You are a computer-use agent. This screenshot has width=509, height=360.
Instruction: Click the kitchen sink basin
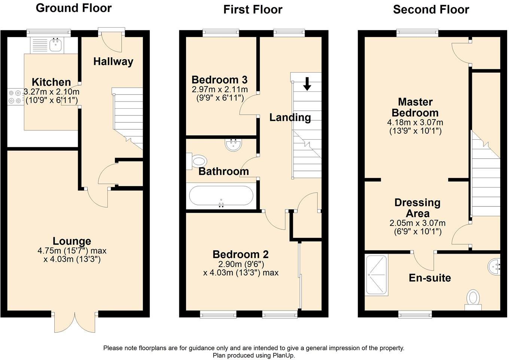pyautogui.click(x=55, y=45)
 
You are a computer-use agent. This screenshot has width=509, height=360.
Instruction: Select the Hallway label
pyautogui.click(x=113, y=62)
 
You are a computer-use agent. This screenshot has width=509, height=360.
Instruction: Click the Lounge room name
pyautogui.click(x=72, y=241)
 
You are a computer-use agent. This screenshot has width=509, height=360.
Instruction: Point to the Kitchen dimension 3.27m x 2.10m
pyautogui.click(x=52, y=92)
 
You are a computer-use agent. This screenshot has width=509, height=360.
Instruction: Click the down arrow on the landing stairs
pyautogui.click(x=307, y=84)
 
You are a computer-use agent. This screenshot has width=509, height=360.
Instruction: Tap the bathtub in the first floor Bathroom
pyautogui.click(x=221, y=196)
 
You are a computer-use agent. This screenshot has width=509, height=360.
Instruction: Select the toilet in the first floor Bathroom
pyautogui.click(x=196, y=161)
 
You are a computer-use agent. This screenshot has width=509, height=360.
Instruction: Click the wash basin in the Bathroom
pyautogui.click(x=234, y=145)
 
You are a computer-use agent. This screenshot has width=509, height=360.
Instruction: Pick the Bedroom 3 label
pyautogui.click(x=219, y=80)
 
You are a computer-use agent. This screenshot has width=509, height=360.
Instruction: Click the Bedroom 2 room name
pyautogui.click(x=240, y=254)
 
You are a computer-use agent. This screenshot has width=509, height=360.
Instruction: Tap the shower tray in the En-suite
pyautogui.click(x=376, y=275)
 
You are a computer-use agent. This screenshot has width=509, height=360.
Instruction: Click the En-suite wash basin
pyautogui.click(x=494, y=266)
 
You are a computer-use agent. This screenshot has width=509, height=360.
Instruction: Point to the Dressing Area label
pyautogui.click(x=417, y=208)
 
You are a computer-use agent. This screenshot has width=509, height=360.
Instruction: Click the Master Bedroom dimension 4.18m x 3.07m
pyautogui.click(x=415, y=122)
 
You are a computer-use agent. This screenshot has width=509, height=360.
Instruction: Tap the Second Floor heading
pyautogui.click(x=431, y=9)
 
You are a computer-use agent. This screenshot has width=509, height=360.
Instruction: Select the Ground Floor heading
pyautogui.click(x=74, y=8)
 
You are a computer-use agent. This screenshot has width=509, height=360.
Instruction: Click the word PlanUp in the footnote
pyautogui.click(x=283, y=355)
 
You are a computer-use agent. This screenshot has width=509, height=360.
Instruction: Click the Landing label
pyautogui.click(x=290, y=118)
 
